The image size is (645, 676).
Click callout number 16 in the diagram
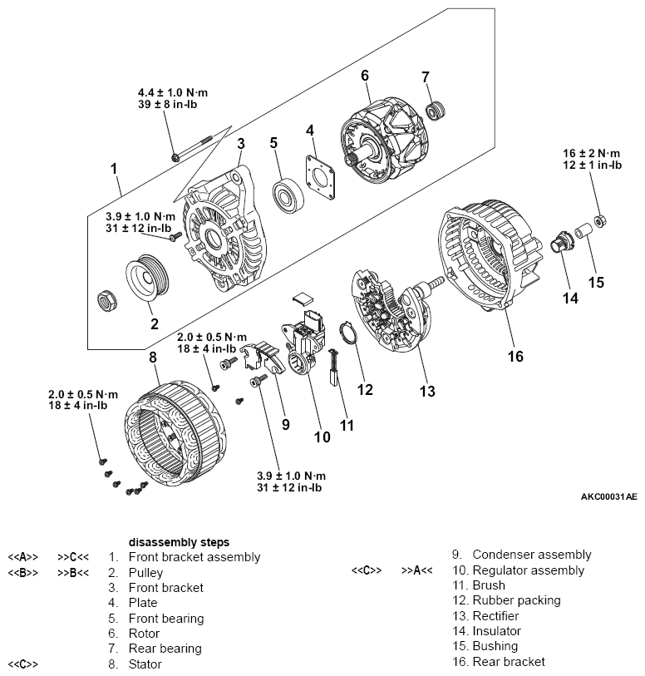(515, 357)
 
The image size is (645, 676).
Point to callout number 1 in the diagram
(114, 169)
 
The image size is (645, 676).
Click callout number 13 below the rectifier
(426, 391)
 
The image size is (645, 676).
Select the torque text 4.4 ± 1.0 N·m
(173, 91)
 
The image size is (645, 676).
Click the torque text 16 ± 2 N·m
(591, 153)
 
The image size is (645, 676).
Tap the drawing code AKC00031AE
(609, 496)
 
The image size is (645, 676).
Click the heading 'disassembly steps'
(179, 541)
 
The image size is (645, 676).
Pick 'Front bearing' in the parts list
(165, 618)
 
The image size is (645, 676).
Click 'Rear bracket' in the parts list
(508, 662)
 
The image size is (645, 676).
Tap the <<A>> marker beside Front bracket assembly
(23, 557)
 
